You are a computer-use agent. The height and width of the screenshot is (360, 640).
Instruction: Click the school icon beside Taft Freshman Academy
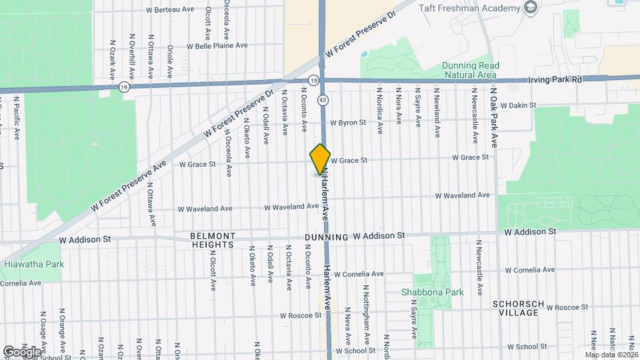pyautogui.click(x=531, y=8)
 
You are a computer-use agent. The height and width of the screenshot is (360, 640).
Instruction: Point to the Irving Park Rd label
pyautogui.click(x=555, y=79)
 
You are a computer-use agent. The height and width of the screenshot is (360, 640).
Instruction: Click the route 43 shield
pyautogui.click(x=323, y=99)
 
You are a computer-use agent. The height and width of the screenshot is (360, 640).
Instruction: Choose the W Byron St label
pyautogui.click(x=348, y=123)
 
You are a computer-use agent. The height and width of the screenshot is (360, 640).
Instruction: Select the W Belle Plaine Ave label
pyautogui.click(x=217, y=46)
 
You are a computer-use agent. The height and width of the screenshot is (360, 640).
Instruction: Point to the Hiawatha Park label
pyautogui.click(x=34, y=265)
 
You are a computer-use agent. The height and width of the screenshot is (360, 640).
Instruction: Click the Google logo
pyautogui.click(x=23, y=351)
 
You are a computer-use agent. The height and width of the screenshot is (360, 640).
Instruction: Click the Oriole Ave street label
pyautogui.click(x=171, y=62)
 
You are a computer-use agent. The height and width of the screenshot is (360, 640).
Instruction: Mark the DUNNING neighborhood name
pyautogui.click(x=327, y=237)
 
